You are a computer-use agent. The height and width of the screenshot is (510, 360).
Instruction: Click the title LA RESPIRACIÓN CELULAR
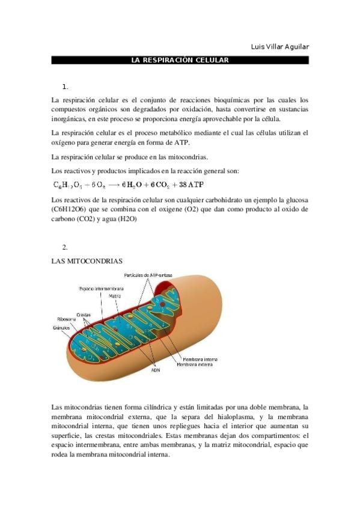[x=180, y=61]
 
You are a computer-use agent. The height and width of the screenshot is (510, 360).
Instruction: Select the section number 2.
[x=65, y=247]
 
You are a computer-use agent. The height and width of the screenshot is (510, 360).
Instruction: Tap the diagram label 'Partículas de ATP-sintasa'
[x=148, y=275]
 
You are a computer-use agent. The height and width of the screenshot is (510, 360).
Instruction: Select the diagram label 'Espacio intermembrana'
[x=100, y=289]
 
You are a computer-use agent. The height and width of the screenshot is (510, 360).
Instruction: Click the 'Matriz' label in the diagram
[x=115, y=296]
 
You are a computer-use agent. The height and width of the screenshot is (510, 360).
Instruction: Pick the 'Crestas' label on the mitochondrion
[x=84, y=314]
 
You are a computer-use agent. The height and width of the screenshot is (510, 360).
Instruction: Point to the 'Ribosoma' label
[x=67, y=319]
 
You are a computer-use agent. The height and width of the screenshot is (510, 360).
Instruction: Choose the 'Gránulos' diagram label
[x=61, y=328]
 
